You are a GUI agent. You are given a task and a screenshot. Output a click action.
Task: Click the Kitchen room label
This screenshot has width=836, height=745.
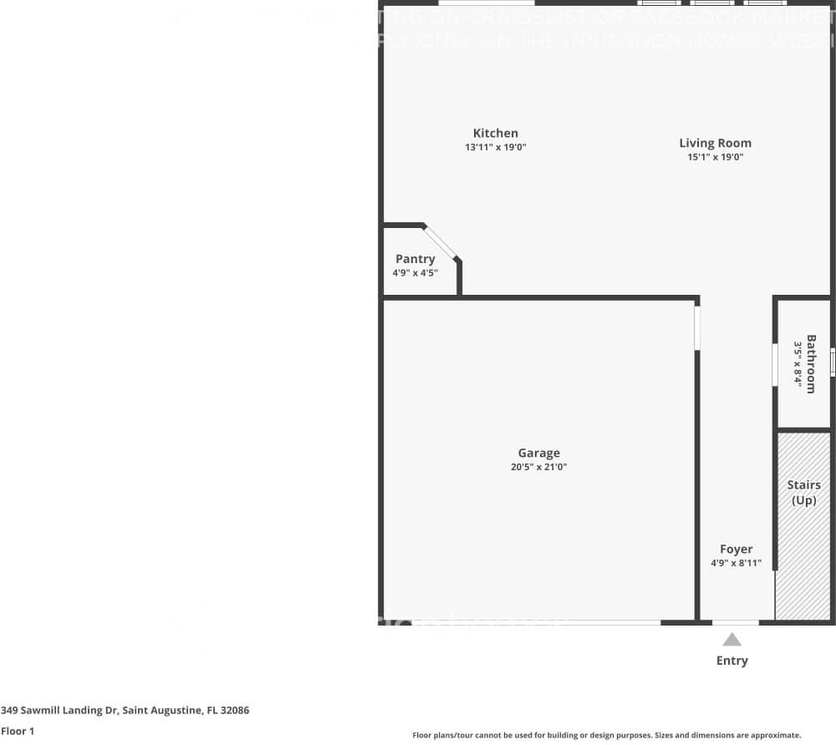click(496, 133)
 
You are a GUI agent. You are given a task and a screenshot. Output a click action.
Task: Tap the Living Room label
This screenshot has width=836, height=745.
click(715, 143)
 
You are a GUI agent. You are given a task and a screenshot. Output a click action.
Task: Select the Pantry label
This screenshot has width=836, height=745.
click(415, 259)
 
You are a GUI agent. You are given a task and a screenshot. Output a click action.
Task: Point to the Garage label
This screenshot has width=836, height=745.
click(539, 454)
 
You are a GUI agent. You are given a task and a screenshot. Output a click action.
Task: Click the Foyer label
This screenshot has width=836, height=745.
click(737, 549)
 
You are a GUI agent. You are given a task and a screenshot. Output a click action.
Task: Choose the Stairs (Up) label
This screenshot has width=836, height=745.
click(803, 493)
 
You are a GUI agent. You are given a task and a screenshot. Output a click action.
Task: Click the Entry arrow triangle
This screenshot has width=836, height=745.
click(732, 640)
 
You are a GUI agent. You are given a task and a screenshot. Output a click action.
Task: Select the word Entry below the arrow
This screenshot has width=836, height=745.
click(732, 661)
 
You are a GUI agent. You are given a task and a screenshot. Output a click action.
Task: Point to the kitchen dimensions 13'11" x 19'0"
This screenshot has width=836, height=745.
click(496, 147)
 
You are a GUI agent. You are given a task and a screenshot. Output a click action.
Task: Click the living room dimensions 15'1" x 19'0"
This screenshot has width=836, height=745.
click(715, 157)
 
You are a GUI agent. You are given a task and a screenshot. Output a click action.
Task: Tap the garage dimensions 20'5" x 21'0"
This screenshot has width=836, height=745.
click(539, 468)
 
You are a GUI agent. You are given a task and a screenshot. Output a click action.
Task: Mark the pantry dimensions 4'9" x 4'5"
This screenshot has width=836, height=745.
click(415, 272)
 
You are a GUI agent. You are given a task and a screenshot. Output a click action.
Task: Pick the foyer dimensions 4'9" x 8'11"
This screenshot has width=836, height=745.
click(737, 563)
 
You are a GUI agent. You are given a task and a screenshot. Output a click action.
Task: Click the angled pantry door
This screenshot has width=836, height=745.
click(441, 243)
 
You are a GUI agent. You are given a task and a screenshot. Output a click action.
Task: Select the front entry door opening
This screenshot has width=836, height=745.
click(736, 622)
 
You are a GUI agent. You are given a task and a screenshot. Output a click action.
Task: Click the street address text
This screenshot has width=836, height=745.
click(125, 711)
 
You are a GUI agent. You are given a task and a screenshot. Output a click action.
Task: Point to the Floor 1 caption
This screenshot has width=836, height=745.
click(18, 731)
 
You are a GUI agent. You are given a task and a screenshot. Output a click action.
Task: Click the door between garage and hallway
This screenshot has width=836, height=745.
click(697, 328)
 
